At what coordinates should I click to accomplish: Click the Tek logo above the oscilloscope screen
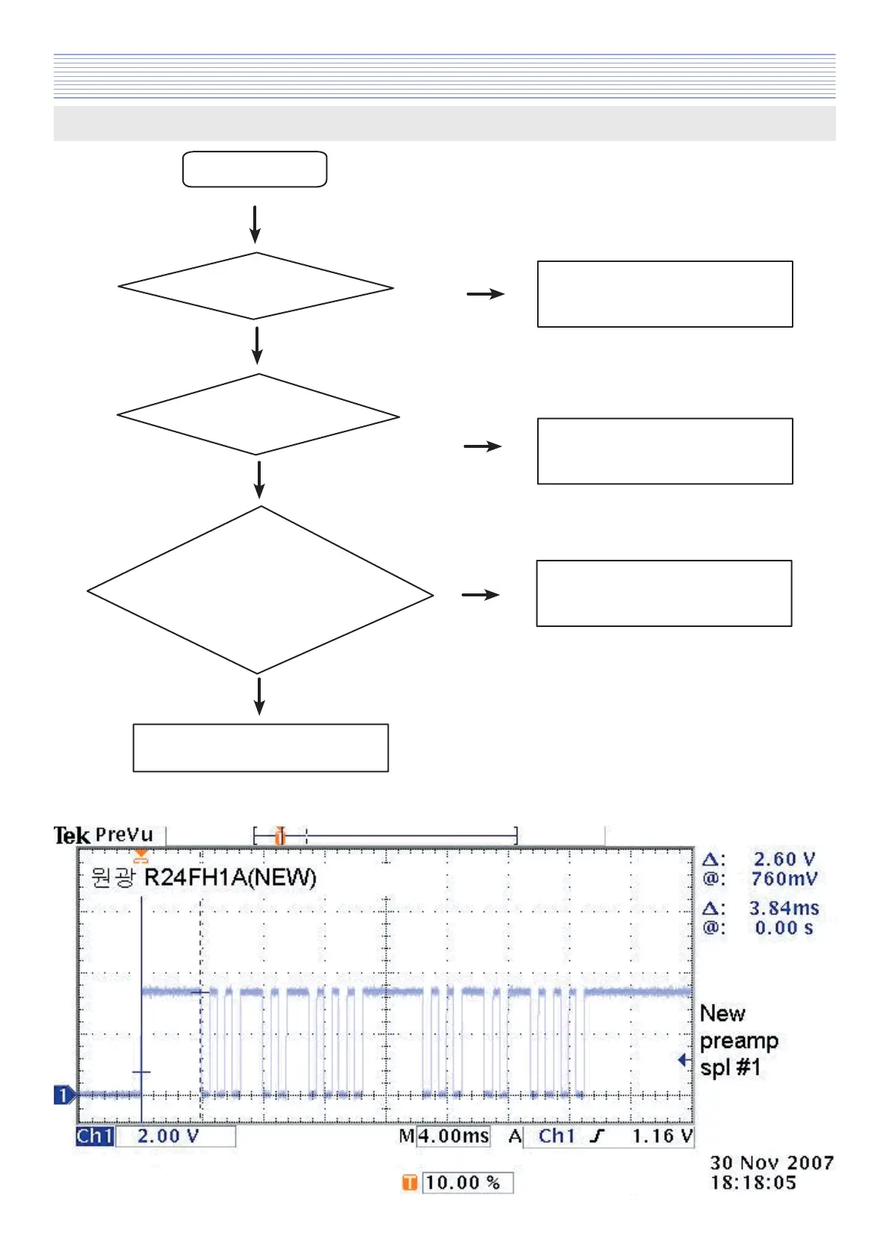click(x=71, y=835)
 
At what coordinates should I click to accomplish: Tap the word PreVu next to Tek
click(x=124, y=835)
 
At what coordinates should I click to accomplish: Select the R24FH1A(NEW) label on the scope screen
click(x=230, y=877)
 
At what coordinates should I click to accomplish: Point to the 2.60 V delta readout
click(x=784, y=859)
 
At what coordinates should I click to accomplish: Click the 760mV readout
click(x=784, y=879)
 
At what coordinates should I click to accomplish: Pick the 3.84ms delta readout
click(x=784, y=908)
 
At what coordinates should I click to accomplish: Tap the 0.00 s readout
click(x=784, y=928)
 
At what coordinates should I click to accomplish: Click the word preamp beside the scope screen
click(x=739, y=1041)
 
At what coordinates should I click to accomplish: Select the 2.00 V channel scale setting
click(x=168, y=1136)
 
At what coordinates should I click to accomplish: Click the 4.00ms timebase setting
click(x=453, y=1136)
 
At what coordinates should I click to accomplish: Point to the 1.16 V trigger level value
click(x=662, y=1136)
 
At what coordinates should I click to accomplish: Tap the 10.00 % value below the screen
click(x=462, y=1182)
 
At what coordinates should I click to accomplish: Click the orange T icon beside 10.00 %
click(x=409, y=1182)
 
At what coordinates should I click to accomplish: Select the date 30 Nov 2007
click(x=771, y=1163)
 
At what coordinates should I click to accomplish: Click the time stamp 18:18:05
click(x=753, y=1182)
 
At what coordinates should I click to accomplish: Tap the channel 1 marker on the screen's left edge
click(x=63, y=1095)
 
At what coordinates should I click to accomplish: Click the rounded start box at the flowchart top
click(x=255, y=169)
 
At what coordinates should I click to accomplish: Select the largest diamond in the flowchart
click(x=260, y=590)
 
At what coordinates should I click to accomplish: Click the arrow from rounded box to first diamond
click(x=255, y=224)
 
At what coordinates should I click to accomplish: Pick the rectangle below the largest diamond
click(x=261, y=747)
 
